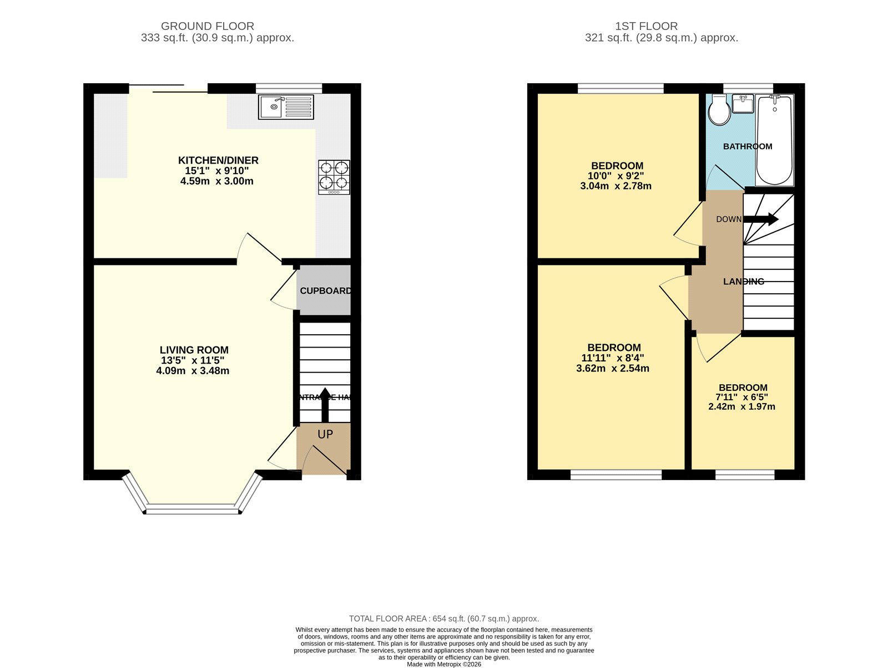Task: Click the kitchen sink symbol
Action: click(x=285, y=107)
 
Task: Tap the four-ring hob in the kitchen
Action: click(x=334, y=177)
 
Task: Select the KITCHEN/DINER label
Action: click(x=218, y=160)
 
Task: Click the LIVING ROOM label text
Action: click(x=194, y=350)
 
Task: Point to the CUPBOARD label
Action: click(x=325, y=290)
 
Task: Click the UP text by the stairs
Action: click(x=325, y=435)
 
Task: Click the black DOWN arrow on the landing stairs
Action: click(x=761, y=220)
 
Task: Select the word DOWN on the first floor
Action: click(x=728, y=220)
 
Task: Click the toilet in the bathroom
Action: click(x=720, y=110)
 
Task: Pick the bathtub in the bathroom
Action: click(x=774, y=140)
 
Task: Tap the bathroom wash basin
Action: click(x=743, y=104)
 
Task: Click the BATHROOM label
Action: click(x=747, y=146)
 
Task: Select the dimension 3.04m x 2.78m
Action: click(x=615, y=186)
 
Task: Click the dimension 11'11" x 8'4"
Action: click(x=613, y=358)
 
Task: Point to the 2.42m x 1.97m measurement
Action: click(x=741, y=406)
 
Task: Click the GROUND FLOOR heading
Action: click(x=208, y=26)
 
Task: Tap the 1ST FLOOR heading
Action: click(x=646, y=26)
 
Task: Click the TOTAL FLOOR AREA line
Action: click(x=443, y=619)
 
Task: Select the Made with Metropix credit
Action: click(x=443, y=664)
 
